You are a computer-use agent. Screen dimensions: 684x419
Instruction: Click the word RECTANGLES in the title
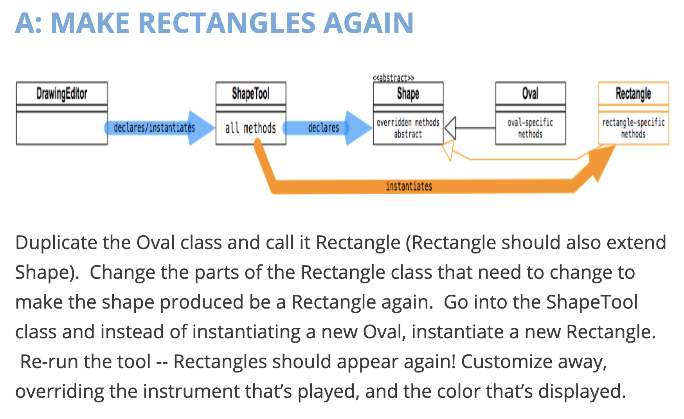(x=227, y=23)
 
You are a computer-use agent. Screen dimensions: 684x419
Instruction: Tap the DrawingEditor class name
(x=62, y=94)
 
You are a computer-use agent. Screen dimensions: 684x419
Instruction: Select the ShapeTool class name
(x=251, y=94)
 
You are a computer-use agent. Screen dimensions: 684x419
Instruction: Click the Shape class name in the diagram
(x=408, y=94)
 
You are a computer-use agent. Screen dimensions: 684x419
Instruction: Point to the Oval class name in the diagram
(x=530, y=94)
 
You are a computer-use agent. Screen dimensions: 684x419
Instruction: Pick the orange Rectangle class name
(x=634, y=94)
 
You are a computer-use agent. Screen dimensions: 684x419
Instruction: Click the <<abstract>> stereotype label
(x=393, y=78)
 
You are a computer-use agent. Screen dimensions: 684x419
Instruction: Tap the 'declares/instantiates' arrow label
(x=154, y=128)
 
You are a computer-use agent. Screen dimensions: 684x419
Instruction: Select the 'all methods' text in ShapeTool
(x=250, y=128)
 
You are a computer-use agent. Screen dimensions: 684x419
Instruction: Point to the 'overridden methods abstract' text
(x=408, y=128)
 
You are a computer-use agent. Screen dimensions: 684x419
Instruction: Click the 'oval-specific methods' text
(x=530, y=128)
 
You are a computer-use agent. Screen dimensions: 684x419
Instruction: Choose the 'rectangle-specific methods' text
(x=634, y=128)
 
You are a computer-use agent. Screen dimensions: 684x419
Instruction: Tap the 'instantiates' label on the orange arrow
(x=409, y=186)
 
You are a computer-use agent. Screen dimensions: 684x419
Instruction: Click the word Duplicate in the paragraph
(x=56, y=243)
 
